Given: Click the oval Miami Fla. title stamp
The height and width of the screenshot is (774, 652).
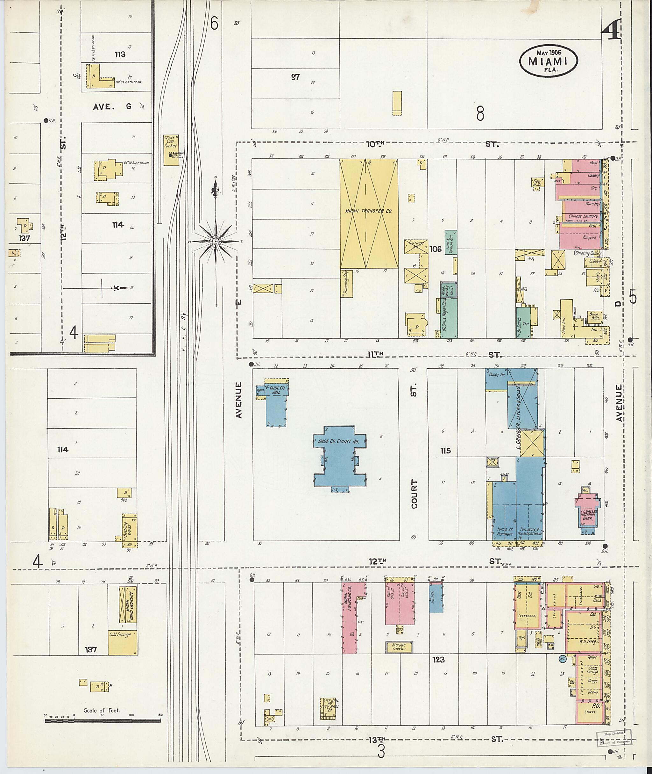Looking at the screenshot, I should [548, 61].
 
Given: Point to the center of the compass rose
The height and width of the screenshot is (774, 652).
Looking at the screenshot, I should [216, 241].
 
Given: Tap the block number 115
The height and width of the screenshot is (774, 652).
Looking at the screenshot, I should [445, 451].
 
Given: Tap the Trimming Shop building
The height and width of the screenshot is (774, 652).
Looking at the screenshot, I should [347, 283].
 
